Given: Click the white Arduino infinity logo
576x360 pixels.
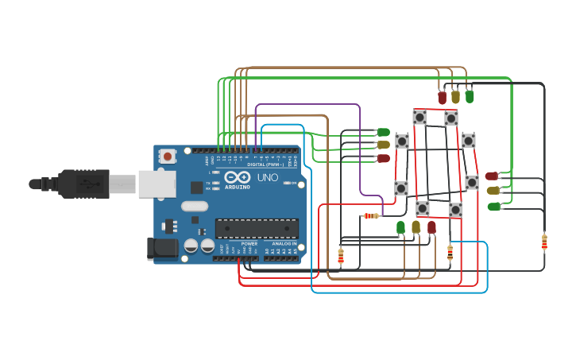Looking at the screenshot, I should point(233,177).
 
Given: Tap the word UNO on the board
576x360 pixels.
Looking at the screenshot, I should point(268,177).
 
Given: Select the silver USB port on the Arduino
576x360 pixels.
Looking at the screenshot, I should point(157,184).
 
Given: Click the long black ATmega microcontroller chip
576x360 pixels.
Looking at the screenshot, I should point(257,229).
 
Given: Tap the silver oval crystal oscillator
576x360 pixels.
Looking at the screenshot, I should point(195,207).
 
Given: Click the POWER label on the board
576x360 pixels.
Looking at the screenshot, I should point(249,243).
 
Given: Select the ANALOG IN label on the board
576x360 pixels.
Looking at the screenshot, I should point(284,243).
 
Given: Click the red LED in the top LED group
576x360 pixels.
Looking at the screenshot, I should point(442,98).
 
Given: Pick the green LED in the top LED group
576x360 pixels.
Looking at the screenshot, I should point(470,97).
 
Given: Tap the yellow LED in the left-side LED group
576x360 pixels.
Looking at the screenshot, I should point(383,145).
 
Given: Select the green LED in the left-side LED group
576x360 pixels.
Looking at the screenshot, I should point(383,132).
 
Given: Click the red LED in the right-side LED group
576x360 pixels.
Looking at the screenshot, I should point(492,176).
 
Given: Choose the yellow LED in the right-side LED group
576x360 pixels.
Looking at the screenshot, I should point(493,191).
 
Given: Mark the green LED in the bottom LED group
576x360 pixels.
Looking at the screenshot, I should point(401,228).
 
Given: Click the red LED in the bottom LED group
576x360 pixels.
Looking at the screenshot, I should point(431,227).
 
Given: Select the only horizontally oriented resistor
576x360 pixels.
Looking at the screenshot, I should point(371,215).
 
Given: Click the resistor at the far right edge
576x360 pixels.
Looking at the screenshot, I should point(544,242).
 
